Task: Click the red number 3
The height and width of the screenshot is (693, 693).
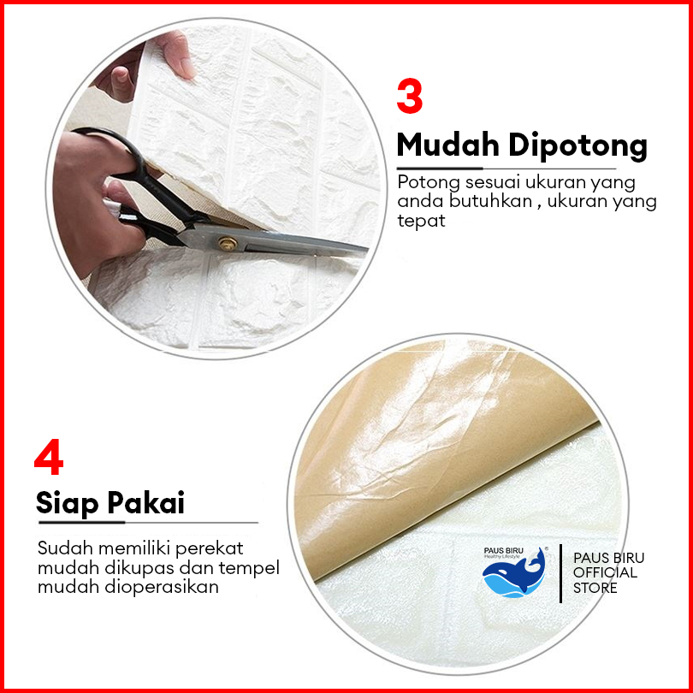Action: point(409,96)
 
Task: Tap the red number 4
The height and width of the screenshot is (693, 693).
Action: point(49,457)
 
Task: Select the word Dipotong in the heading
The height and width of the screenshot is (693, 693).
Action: point(578,146)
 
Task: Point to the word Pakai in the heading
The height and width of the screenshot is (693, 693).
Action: point(145,502)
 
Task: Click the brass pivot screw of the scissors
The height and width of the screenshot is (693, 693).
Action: point(228,244)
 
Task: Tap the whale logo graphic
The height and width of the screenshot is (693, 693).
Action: point(514,572)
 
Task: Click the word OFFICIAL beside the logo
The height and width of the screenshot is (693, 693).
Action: point(605,572)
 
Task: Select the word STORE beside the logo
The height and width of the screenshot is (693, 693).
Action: point(595,588)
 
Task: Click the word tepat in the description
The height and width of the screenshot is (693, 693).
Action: point(421,220)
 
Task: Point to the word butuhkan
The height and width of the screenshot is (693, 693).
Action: point(490,201)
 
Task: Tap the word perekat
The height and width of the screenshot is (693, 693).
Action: point(210,549)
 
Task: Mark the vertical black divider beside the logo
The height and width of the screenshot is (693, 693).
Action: point(561,573)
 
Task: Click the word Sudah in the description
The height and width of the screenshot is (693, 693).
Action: point(65,548)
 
